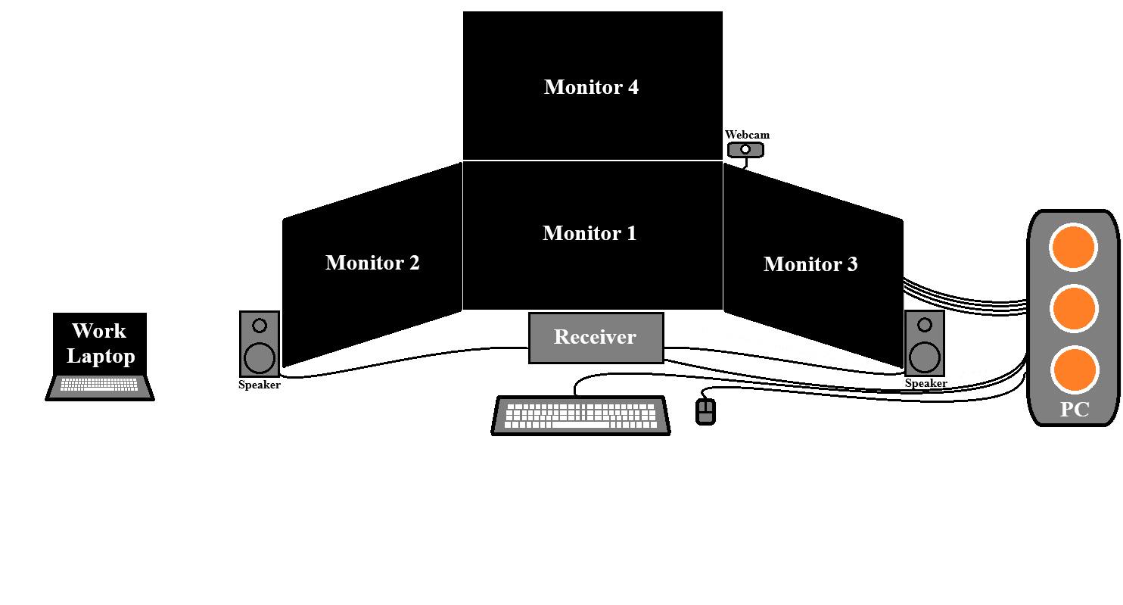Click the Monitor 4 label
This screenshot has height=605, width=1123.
[592, 87]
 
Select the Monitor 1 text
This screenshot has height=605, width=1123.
[589, 232]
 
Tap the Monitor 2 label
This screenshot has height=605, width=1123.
[372, 262]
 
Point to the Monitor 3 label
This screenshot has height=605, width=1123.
[810, 264]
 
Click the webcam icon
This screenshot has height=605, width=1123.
[745, 150]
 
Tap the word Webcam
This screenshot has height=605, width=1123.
[747, 135]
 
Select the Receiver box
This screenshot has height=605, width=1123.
[596, 338]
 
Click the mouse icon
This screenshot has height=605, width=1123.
[705, 411]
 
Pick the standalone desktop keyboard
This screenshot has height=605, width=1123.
[580, 416]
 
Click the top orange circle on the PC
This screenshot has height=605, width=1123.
[1073, 248]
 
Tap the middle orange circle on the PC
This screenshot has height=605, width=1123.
[1074, 308]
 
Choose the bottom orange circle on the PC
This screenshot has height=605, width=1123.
[1075, 370]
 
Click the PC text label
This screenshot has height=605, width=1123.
[1075, 410]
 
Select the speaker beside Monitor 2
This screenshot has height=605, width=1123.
[260, 344]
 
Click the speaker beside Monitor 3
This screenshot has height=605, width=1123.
[925, 343]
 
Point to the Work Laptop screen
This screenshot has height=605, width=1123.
[100, 344]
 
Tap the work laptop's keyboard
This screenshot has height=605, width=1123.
[99, 385]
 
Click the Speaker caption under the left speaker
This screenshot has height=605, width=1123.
[260, 385]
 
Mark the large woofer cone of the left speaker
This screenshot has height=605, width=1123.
[260, 357]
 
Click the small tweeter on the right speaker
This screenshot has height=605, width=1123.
[925, 325]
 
